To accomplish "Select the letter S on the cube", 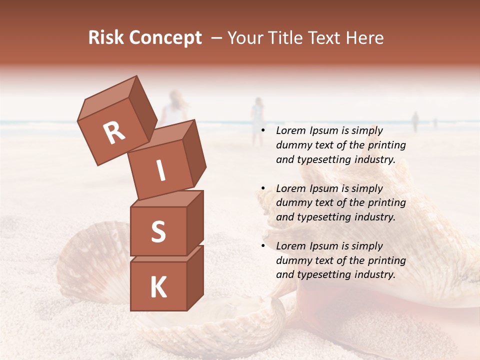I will click(x=158, y=231).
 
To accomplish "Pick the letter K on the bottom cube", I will click(x=158, y=287).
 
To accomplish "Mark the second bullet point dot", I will click(x=263, y=188).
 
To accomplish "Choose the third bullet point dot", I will click(x=263, y=246).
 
